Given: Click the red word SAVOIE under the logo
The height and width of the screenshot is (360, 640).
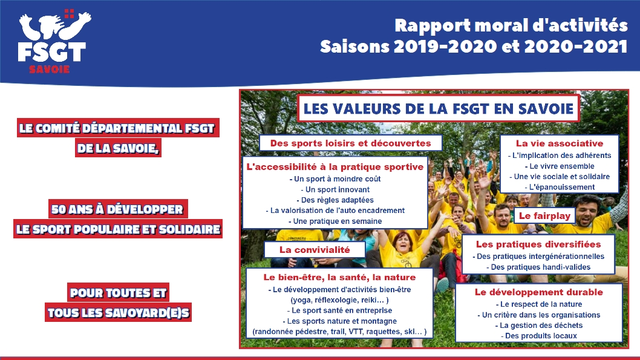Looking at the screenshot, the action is (x=50, y=70).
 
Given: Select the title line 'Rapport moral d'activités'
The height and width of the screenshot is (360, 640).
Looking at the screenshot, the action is (x=511, y=26).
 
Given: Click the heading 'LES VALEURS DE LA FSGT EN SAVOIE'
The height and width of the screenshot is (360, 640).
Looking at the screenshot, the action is (x=439, y=109).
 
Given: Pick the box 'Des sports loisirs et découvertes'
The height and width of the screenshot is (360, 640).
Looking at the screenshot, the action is (x=351, y=143).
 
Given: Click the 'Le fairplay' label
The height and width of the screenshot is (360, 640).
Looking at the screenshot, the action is (x=544, y=216).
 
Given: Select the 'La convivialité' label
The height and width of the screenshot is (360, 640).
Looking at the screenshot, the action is (x=315, y=250).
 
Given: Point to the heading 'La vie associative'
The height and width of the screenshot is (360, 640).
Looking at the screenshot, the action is (x=559, y=143).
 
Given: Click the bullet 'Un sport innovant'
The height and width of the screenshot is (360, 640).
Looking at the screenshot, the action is (x=335, y=189).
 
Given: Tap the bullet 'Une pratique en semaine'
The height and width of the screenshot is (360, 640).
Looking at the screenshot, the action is (x=335, y=221).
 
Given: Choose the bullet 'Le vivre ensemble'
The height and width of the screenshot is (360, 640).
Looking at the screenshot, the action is (x=559, y=166).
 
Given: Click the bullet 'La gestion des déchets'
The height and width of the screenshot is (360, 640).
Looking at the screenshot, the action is (x=539, y=326).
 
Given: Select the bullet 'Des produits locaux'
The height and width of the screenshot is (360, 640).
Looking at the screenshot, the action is (x=539, y=336).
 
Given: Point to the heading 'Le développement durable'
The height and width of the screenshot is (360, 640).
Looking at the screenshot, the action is (x=539, y=292).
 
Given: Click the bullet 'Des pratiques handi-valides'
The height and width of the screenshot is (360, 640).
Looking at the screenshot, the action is (x=538, y=267).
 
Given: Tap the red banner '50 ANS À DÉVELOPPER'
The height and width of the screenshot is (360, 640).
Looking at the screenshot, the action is (x=118, y=209).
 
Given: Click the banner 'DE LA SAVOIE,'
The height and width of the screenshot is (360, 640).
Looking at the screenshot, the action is (x=119, y=148).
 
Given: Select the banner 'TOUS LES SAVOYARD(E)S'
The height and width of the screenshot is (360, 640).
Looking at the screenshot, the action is (x=119, y=312).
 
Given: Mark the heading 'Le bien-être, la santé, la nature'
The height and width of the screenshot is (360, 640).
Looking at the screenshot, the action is (x=339, y=278).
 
